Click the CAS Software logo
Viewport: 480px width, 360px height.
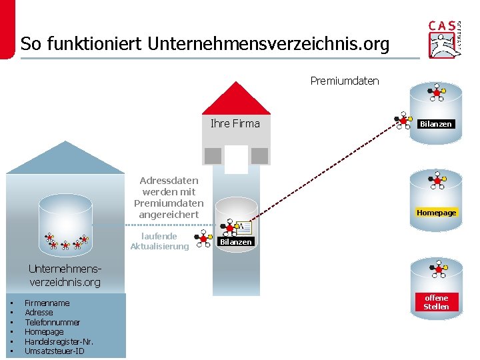coord(445,38)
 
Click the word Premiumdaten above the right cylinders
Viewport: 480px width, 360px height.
coord(344,81)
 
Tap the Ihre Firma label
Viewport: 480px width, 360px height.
coord(235,123)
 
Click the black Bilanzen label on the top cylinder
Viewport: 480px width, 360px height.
coord(435,124)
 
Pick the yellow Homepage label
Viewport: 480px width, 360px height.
coord(436,213)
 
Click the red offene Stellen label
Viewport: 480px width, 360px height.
coord(436,302)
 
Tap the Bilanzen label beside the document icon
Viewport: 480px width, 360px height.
coord(236,242)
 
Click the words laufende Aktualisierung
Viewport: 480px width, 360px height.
coord(159,241)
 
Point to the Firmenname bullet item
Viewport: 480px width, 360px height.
coord(47,303)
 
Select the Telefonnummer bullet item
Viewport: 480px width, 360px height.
coord(52,322)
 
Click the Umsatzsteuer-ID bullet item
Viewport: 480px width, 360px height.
coord(54,351)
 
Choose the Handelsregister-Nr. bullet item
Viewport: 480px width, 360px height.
coord(59,341)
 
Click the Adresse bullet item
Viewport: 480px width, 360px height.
coord(39,313)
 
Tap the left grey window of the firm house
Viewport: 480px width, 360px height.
coord(213,156)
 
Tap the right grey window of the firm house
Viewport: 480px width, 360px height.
coord(259,156)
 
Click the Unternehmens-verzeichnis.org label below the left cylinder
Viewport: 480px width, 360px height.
coord(65,276)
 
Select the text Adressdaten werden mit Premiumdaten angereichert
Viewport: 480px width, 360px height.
coord(169,197)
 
